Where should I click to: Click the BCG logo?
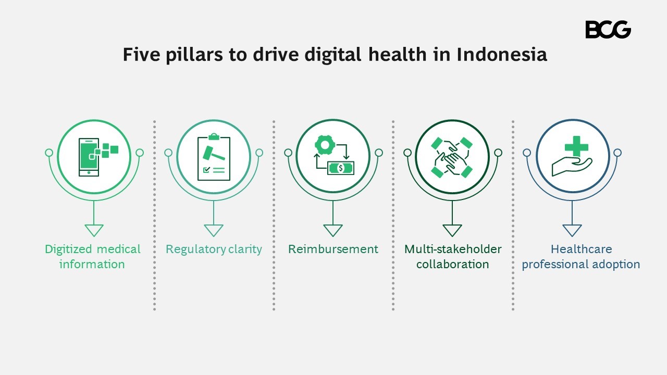point(608,30)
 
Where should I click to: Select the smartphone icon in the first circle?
point(89,157)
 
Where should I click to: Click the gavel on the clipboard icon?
point(210,154)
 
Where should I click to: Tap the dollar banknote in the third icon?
point(340,168)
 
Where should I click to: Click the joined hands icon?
point(452,157)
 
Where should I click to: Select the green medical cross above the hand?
point(576,146)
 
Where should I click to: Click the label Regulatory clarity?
point(214,249)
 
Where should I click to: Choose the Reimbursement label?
point(333,249)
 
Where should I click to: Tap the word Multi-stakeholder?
point(452,249)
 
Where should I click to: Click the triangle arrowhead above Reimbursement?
point(333,230)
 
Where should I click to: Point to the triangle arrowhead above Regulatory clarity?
point(214,230)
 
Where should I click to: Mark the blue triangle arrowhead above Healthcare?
point(572,230)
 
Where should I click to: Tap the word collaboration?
point(452,265)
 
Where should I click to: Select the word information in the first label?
point(92,265)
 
